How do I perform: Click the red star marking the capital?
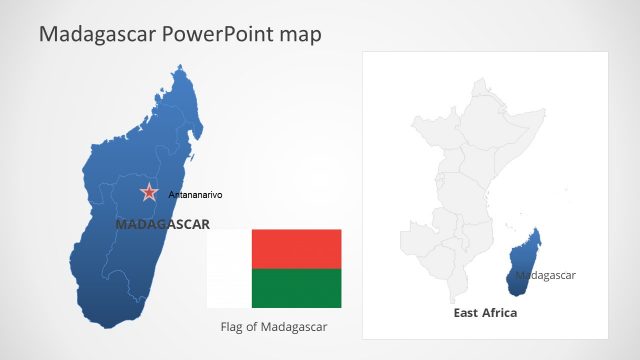(149, 192)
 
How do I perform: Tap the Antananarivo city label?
(195, 194)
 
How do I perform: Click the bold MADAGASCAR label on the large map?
(162, 224)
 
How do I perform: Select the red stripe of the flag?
(296, 248)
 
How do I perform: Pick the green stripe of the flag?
(296, 288)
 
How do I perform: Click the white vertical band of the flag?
(229, 268)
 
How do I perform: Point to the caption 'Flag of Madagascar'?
(273, 327)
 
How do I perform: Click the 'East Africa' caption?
(485, 313)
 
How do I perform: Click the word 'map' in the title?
(300, 35)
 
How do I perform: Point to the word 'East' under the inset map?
(465, 313)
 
